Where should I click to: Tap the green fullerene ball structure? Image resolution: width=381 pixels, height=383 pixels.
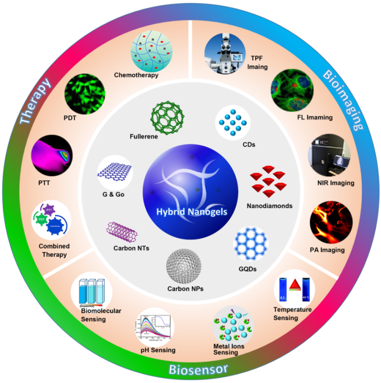pos(168,114)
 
